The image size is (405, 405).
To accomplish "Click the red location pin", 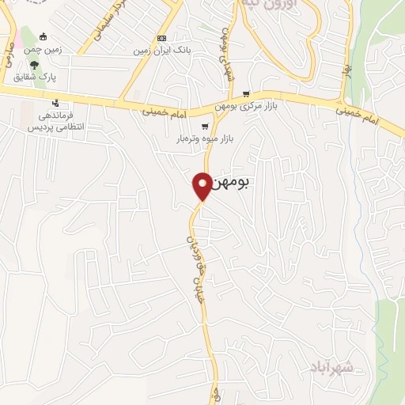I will click(x=202, y=186).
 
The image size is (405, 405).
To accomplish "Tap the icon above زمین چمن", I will click(x=43, y=36).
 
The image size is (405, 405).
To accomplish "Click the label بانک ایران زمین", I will click(x=162, y=50).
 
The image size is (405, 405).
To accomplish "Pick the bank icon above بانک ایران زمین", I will click(x=162, y=37).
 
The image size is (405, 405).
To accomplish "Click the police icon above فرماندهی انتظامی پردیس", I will click(x=55, y=103).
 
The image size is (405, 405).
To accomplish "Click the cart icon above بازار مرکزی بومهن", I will click(x=247, y=93).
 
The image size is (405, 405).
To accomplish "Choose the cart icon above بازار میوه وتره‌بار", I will click(x=205, y=127).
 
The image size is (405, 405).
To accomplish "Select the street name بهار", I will click(x=346, y=70).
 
